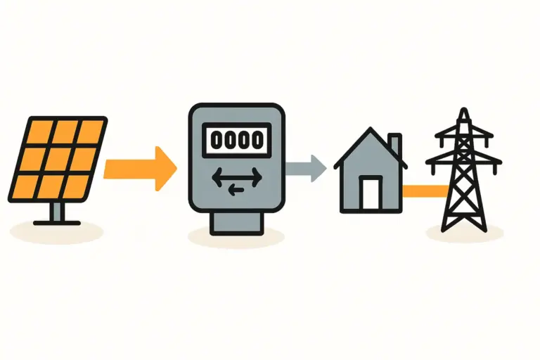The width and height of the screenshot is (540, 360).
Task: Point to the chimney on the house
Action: [x=394, y=146]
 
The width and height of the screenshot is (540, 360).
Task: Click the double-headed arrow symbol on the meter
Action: [x=236, y=174]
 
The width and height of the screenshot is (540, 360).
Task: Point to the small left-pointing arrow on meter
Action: [x=236, y=187]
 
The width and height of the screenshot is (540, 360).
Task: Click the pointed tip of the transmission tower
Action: [x=463, y=112]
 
